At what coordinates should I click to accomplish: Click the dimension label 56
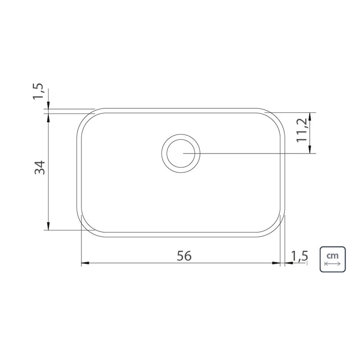coord(184,256)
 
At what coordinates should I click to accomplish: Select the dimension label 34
coord(40,167)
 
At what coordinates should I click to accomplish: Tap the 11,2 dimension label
coord(301,130)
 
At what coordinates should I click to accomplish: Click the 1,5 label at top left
coord(38,91)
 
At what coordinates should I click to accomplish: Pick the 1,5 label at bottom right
coord(299,256)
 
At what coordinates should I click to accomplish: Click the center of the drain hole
coord(181,153)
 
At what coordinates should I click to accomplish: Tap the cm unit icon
coord(333,260)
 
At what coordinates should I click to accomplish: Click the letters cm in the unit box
coord(333,256)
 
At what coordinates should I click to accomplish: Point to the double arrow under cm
coord(333,264)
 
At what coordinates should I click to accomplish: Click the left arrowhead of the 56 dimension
coord(85,263)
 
